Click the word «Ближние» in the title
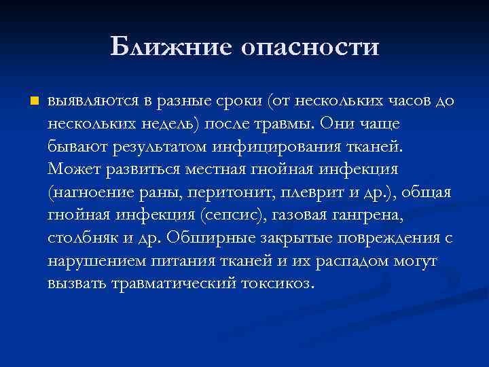point(168,47)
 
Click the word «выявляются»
point(91,102)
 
